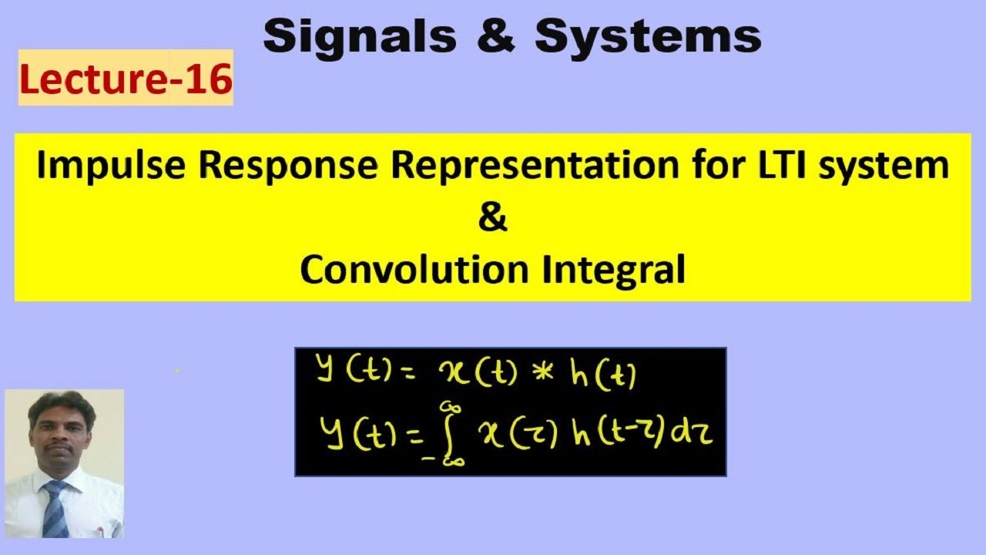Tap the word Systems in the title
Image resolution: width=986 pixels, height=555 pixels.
point(648,36)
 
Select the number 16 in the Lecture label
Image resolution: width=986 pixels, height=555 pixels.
point(207,80)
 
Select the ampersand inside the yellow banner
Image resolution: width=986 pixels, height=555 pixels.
point(493,218)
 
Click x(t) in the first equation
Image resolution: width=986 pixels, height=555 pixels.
point(471,375)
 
